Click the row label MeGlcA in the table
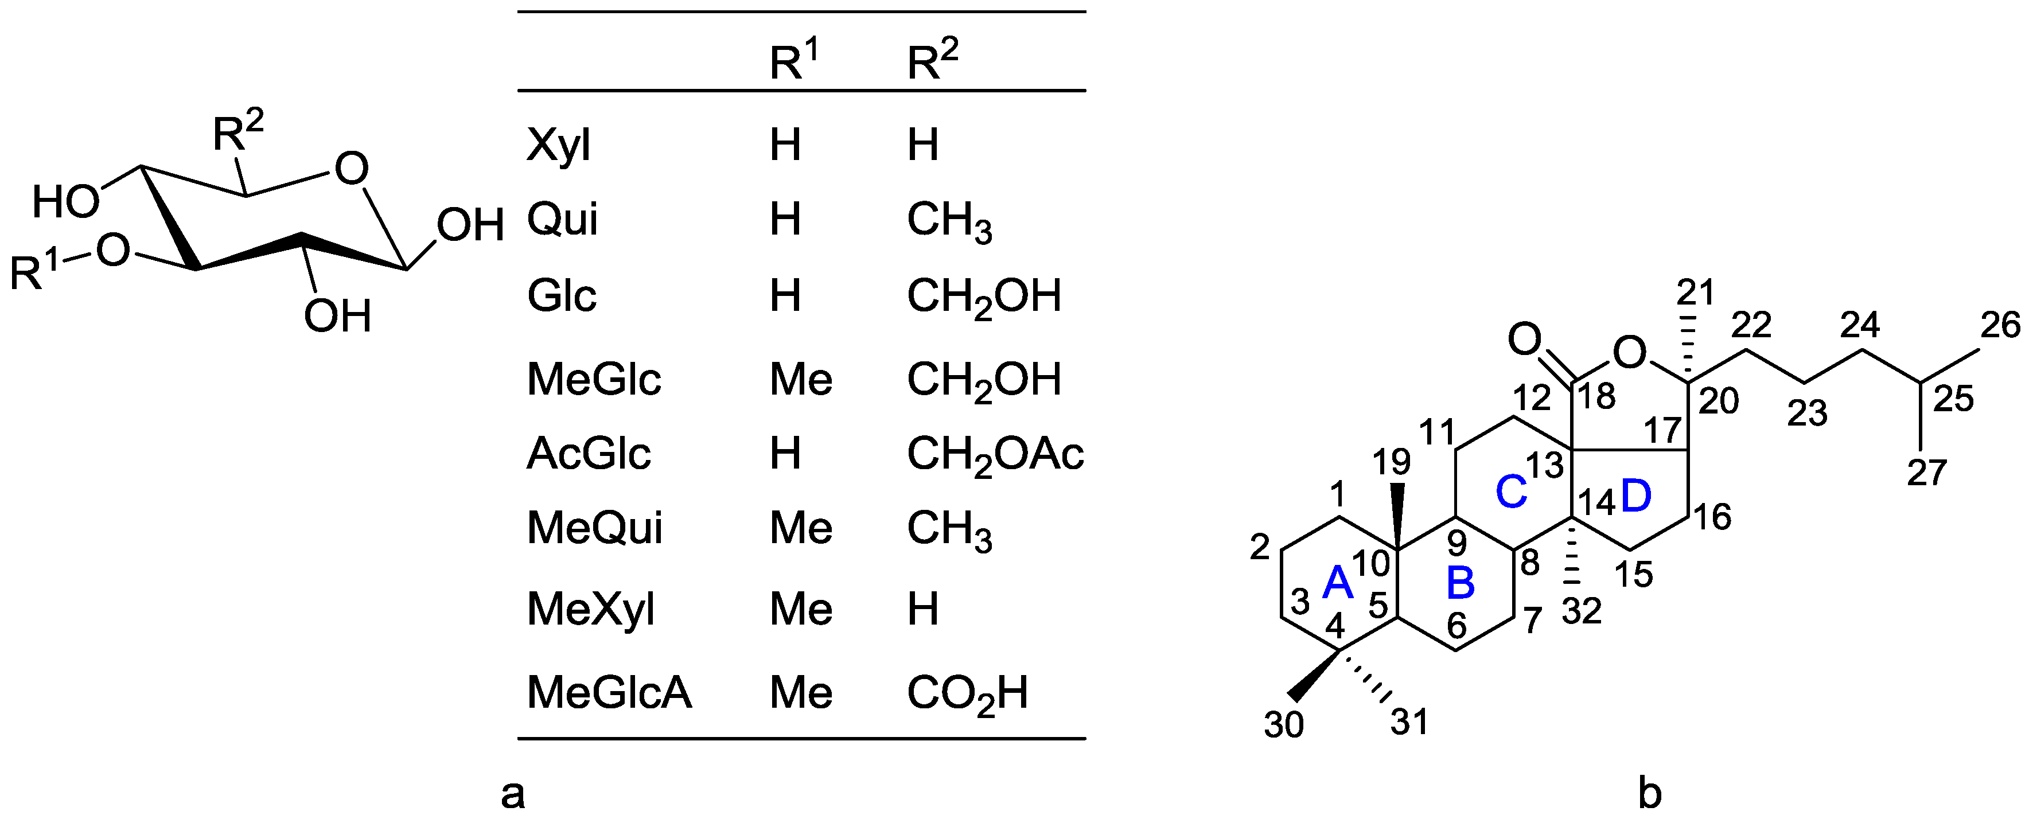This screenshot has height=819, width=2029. [x=609, y=692]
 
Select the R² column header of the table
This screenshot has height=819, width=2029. [x=933, y=61]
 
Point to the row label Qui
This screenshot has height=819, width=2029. [x=562, y=219]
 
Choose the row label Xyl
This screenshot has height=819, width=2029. [x=558, y=145]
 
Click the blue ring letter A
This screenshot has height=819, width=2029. [x=1337, y=583]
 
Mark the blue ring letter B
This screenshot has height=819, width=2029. [x=1461, y=583]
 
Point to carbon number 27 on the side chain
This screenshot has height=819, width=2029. [x=1927, y=473]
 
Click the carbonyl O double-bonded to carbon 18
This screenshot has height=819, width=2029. [x=1524, y=340]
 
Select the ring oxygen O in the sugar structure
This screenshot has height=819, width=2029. [x=351, y=169]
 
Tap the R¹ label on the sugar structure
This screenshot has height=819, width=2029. [x=34, y=272]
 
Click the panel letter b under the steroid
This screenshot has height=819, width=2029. [x=1649, y=794]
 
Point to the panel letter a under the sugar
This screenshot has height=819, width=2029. [x=513, y=794]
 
